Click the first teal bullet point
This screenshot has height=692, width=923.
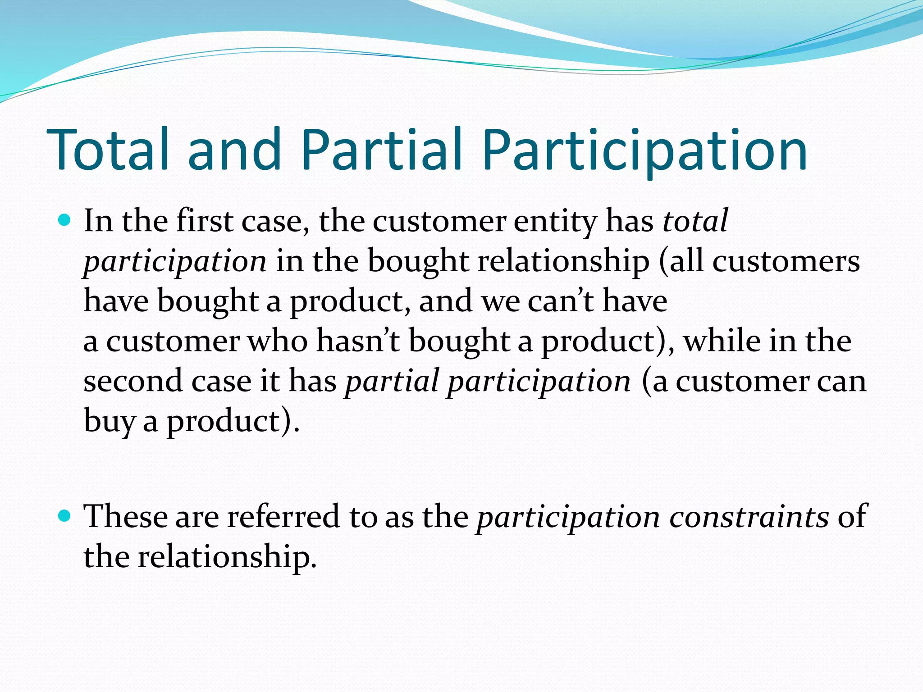pyautogui.click(x=65, y=221)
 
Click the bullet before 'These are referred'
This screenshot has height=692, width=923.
pyautogui.click(x=65, y=515)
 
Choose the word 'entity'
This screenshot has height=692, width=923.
pyautogui.click(x=555, y=222)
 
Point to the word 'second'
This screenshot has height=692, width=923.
pyautogui.click(x=133, y=381)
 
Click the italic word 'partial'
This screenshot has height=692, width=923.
pyautogui.click(x=392, y=381)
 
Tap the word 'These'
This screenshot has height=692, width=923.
pyautogui.click(x=125, y=516)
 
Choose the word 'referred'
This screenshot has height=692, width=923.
pyautogui.click(x=283, y=516)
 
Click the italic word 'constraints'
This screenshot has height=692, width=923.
pyautogui.click(x=749, y=516)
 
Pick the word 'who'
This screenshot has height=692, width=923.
pyautogui.click(x=278, y=341)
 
